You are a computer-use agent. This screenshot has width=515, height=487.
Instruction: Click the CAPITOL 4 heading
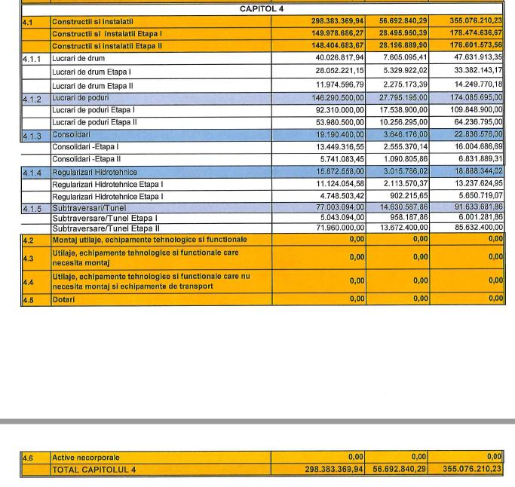tap(262, 9)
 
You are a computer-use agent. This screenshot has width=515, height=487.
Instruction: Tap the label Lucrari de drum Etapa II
tap(93, 85)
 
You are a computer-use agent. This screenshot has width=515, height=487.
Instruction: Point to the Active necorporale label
tap(86, 457)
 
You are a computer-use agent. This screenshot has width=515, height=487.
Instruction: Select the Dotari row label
tap(63, 299)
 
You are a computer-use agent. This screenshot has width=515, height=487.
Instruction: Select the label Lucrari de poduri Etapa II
tap(94, 122)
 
